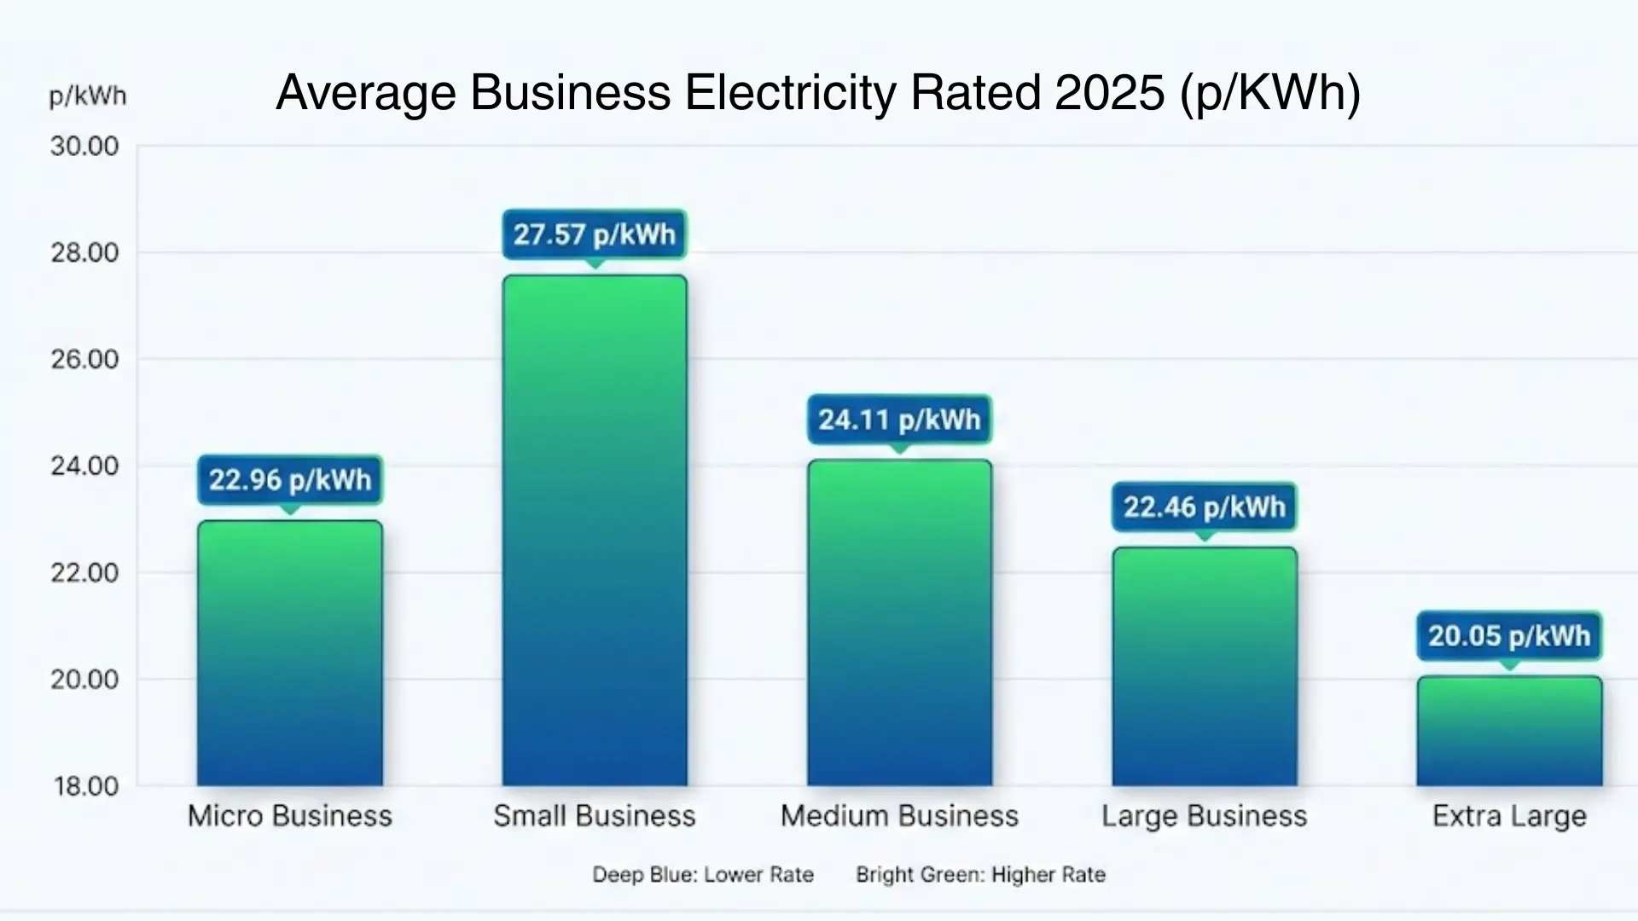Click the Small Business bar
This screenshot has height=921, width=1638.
[595, 529]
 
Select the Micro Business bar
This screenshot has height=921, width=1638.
[290, 652]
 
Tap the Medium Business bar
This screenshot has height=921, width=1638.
[900, 623]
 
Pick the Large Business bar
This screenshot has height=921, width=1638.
[1205, 665]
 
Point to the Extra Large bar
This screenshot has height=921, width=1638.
[1509, 731]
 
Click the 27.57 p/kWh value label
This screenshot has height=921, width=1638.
[595, 234]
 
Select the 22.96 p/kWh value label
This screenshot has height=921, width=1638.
[290, 479]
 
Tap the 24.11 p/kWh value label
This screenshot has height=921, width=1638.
[900, 419]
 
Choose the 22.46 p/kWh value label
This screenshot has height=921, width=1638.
[1205, 507]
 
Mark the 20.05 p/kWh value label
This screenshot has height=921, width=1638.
[1509, 635]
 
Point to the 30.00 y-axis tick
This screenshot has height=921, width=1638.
[84, 146]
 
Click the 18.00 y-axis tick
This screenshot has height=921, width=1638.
[85, 785]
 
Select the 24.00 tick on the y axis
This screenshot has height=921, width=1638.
[84, 466]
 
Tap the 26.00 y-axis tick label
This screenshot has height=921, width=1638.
[84, 359]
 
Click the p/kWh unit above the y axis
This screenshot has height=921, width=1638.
[88, 96]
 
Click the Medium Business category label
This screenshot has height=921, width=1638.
[899, 816]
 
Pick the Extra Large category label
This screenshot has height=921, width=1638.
[1509, 816]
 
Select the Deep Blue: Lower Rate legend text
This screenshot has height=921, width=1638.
[703, 874]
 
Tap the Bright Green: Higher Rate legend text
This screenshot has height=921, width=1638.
[980, 874]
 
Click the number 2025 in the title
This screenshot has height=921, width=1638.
[1110, 92]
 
